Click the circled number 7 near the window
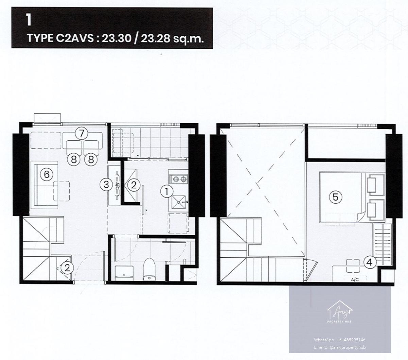coord(81,133)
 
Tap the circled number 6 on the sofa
coord(47,174)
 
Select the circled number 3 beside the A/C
coord(106,185)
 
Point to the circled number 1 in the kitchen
coord(167,192)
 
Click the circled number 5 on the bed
coord(336,197)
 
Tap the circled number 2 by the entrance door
coord(67,268)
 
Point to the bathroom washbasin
coord(124,273)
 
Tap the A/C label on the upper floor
coord(355,280)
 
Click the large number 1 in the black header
coord(29,20)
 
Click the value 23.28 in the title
coord(155,38)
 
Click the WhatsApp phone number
coord(351,340)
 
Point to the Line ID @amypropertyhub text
coord(340,347)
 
